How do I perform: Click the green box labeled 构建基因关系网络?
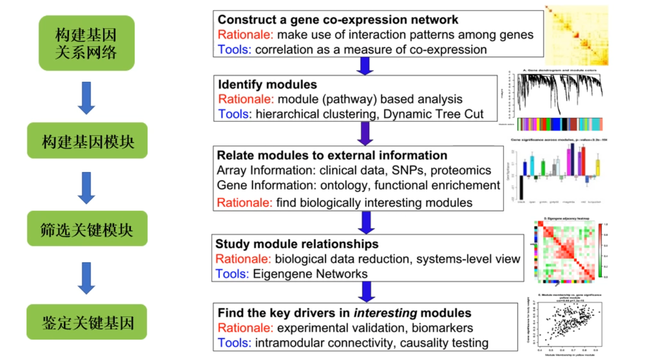click(x=86, y=43)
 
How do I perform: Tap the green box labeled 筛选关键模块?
click(x=87, y=229)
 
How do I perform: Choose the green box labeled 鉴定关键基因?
click(x=87, y=322)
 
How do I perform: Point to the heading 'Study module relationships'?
click(x=297, y=244)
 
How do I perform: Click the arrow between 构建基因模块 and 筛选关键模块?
click(x=86, y=187)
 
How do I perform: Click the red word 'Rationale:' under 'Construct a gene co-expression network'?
click(x=245, y=35)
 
